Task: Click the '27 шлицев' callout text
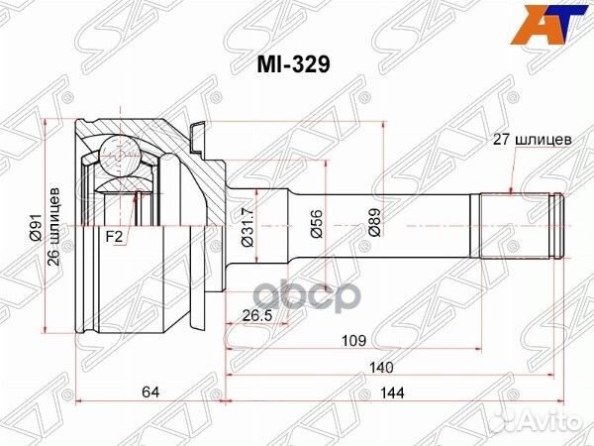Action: click(531, 140)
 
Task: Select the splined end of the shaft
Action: click(516, 226)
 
